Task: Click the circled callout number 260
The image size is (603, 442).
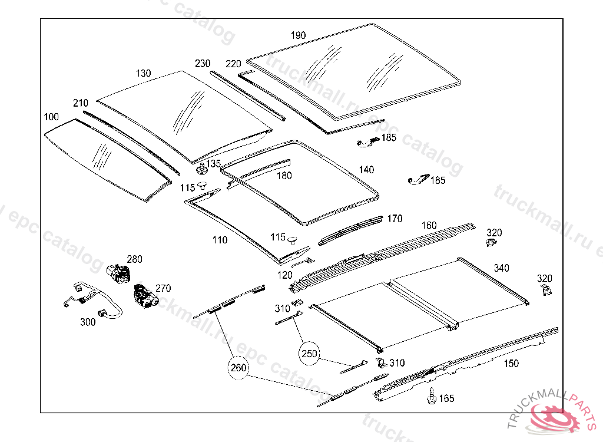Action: pos(238,368)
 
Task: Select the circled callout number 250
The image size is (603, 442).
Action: pos(309,354)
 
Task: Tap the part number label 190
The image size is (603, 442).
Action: pos(299,35)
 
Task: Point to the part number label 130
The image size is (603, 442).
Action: pos(144,73)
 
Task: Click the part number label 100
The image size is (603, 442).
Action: pos(51,117)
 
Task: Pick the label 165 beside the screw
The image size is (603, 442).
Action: pos(447,399)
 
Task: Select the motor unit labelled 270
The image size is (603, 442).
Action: pos(143,295)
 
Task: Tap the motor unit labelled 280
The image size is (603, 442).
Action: pos(118,272)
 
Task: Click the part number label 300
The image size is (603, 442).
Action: pos(88,322)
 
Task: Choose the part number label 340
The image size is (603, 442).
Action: pos(502,268)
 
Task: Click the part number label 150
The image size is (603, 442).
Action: pos(511,364)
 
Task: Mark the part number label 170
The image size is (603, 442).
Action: pos(395,219)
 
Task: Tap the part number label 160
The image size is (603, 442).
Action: pos(429,225)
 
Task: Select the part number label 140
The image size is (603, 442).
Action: pos(366,170)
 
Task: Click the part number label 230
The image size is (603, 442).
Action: pos(203,64)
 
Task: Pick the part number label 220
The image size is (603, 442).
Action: pos(233,64)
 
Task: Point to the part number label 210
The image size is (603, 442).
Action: pos(81,103)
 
